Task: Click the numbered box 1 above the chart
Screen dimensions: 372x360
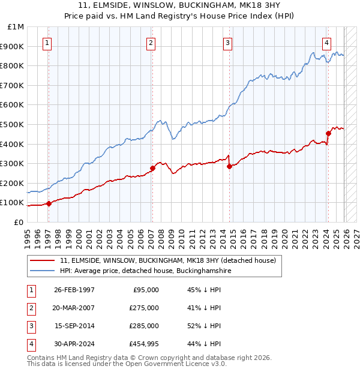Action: click(47, 43)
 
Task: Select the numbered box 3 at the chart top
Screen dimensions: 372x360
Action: click(229, 43)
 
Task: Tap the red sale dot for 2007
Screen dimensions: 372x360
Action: click(152, 169)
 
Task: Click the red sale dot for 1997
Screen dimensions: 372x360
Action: click(49, 203)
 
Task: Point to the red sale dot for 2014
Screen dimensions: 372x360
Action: click(229, 166)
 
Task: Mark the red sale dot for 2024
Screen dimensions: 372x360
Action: click(328, 133)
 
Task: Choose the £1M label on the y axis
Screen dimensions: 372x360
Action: click(16, 27)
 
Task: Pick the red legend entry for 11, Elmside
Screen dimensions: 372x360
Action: click(167, 260)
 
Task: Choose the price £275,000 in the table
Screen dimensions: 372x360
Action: click(144, 308)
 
